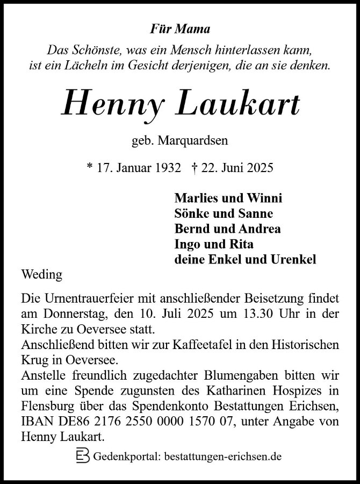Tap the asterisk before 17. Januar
pos(89,168)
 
